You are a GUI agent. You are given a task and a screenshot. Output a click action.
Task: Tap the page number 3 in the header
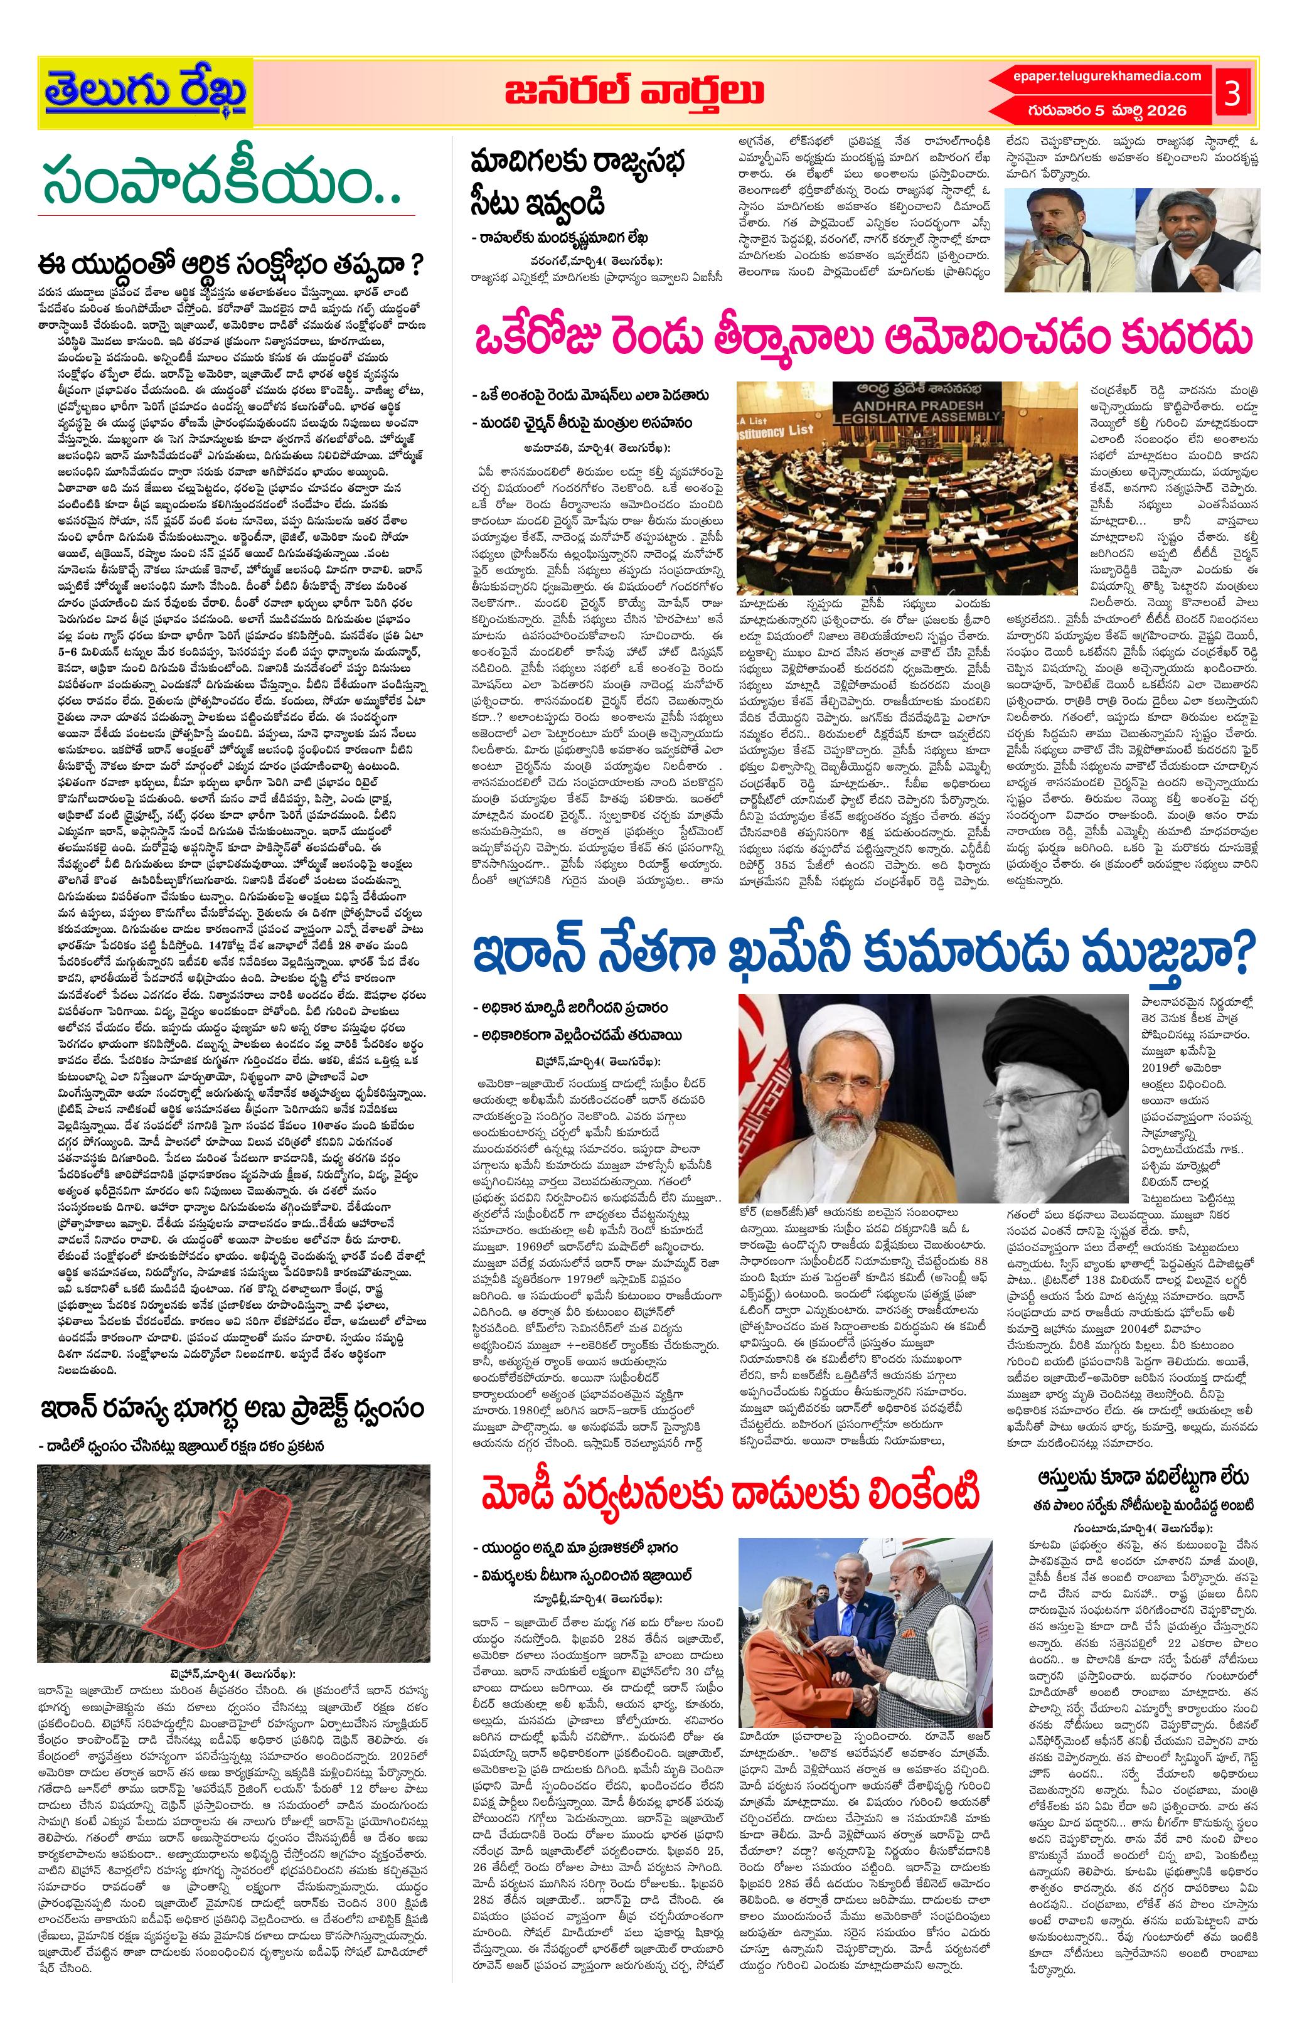(1231, 95)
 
